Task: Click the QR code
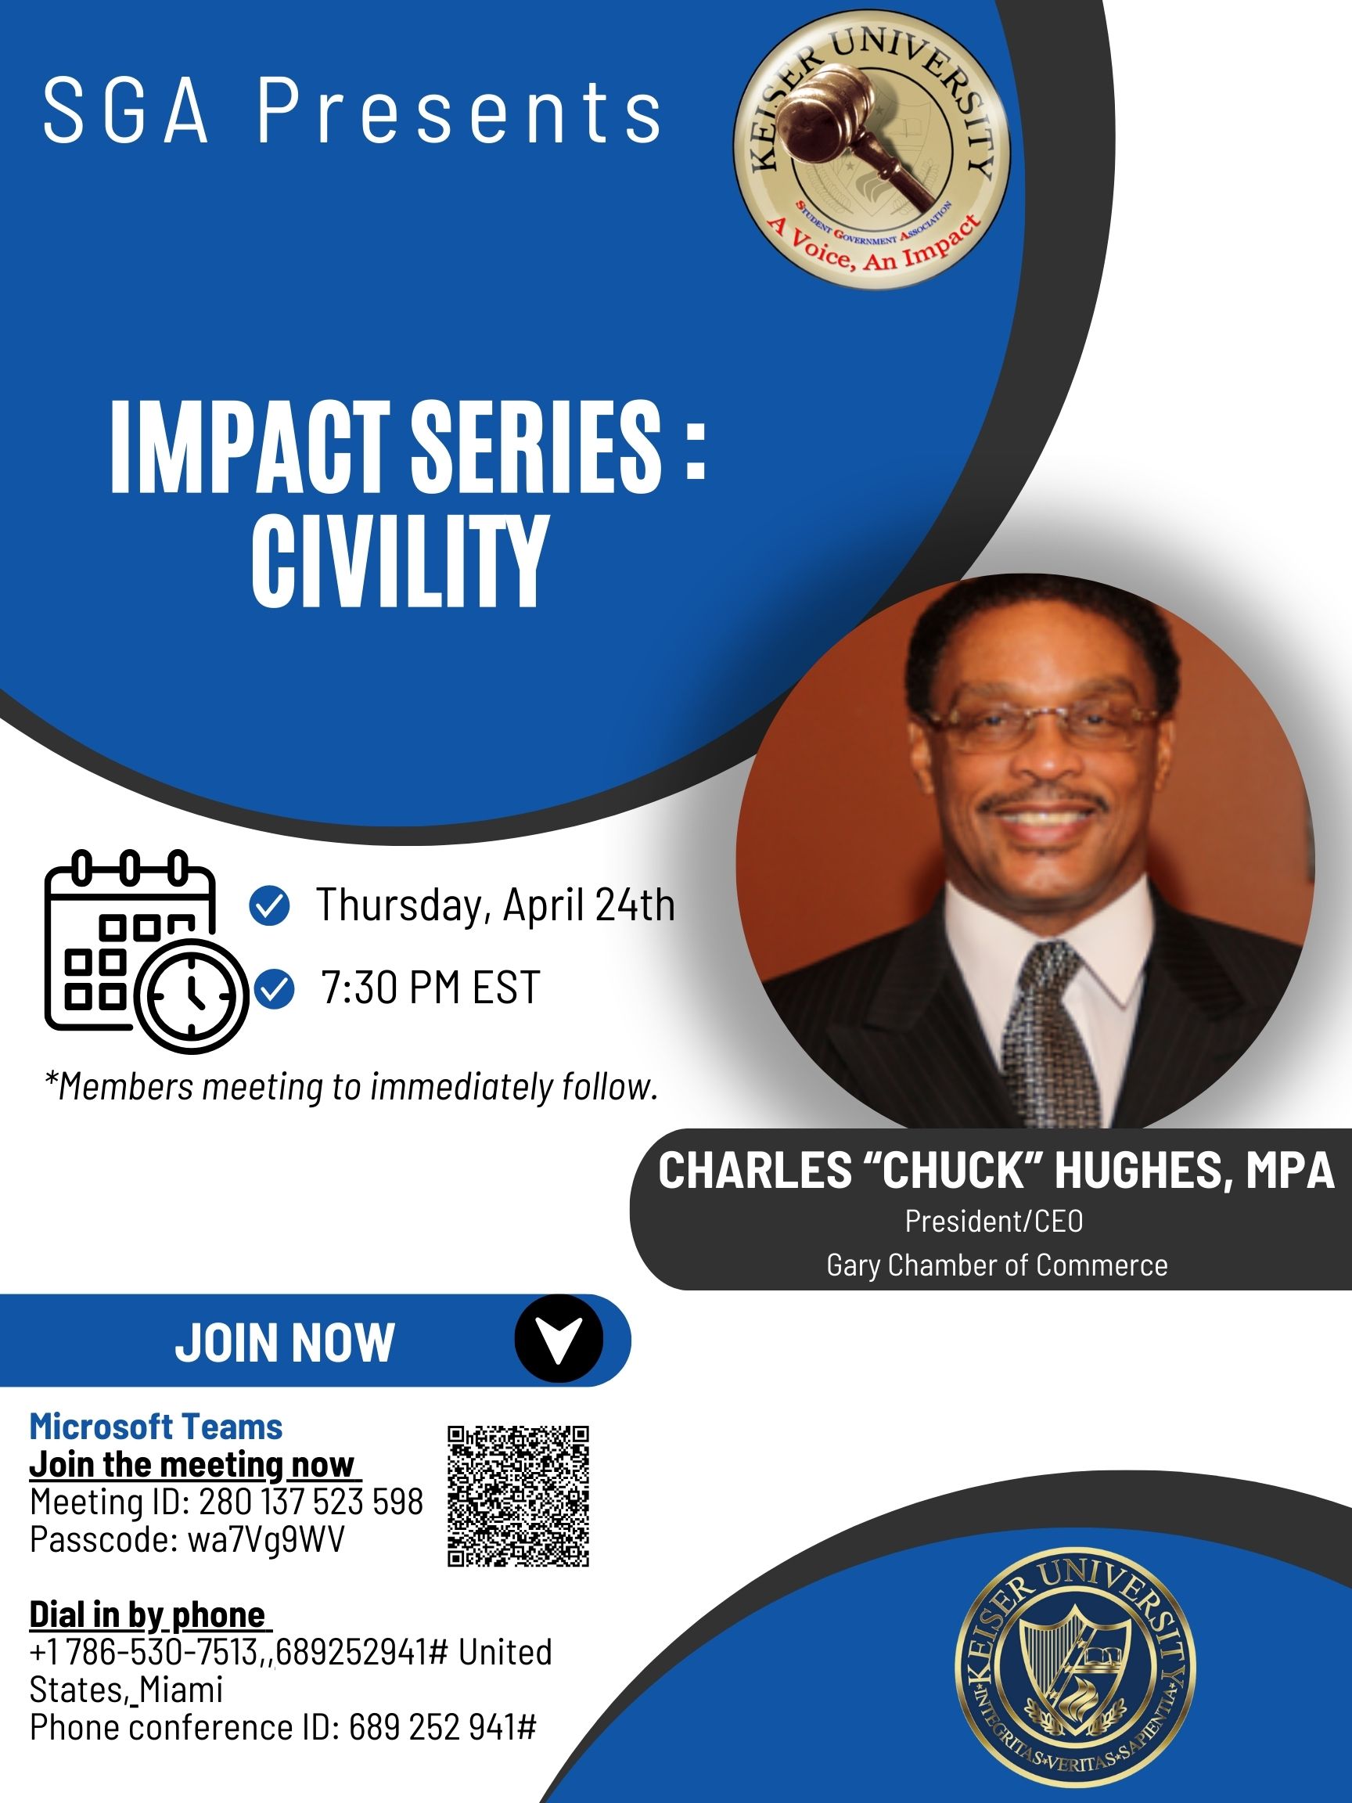coord(518,1495)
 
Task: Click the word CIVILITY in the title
coord(397,562)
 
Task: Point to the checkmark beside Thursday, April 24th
coord(269,906)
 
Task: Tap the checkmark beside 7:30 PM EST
coord(275,989)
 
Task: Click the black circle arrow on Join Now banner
coord(559,1339)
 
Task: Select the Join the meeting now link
coord(195,1465)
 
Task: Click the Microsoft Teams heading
coord(156,1427)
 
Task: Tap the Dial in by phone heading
coord(149,1614)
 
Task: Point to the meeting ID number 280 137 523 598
coord(311,1502)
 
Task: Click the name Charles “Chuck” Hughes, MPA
coord(996,1171)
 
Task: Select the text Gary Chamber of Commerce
coord(997,1265)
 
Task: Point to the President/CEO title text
coord(994,1221)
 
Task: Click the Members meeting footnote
coord(351,1087)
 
